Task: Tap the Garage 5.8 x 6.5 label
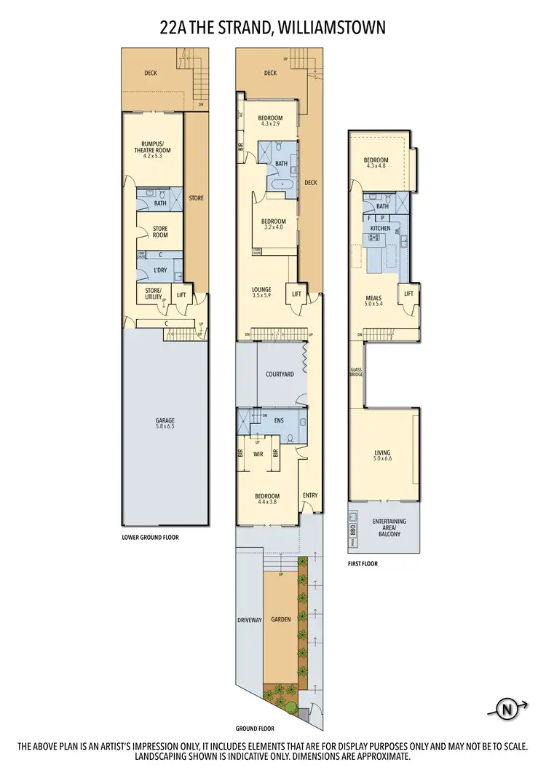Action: [x=165, y=423]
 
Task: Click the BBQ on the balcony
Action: [x=353, y=528]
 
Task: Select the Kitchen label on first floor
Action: [x=380, y=229]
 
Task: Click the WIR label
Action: [x=258, y=453]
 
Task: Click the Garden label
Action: [x=280, y=620]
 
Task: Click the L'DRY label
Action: [x=159, y=272]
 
